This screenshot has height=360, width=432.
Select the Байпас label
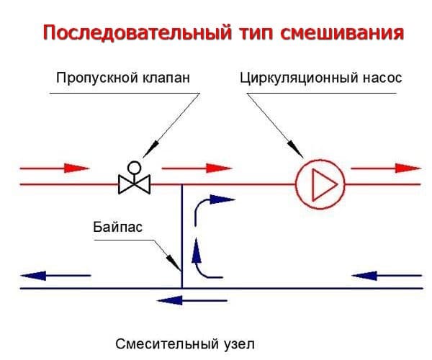point(117,229)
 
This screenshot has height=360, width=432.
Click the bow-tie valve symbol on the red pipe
point(134,184)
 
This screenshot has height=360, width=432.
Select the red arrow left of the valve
point(54,169)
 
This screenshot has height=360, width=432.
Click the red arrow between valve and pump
point(198,169)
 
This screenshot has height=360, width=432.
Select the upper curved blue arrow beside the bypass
point(213,204)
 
